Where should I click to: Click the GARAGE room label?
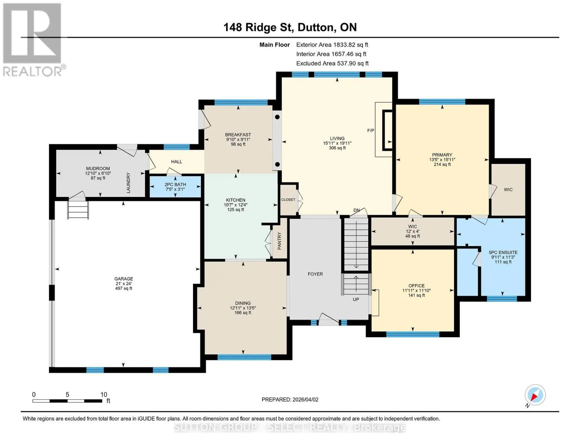124,279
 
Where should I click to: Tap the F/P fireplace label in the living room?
370,130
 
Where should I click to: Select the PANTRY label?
279,241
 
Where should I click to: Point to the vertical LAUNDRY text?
128,183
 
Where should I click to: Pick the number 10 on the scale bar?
104,395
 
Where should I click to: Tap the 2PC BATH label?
175,184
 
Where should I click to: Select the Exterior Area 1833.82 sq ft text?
332,45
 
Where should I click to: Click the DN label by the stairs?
357,210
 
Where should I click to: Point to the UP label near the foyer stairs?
356,299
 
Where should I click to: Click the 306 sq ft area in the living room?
337,148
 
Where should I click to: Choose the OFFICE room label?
416,286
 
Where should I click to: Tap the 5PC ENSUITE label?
503,252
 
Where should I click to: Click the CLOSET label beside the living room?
288,200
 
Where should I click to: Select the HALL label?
176,162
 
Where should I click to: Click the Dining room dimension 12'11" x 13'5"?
243,308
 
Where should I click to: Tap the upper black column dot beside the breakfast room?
277,117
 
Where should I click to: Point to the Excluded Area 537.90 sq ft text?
332,63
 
